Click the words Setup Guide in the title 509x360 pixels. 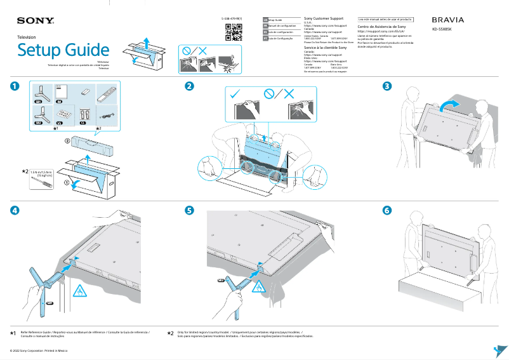pos(63,50)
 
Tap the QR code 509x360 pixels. pos(231,33)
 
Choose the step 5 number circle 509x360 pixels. pos(189,211)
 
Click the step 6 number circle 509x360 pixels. pos(387,211)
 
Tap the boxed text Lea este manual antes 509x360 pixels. pos(385,20)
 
